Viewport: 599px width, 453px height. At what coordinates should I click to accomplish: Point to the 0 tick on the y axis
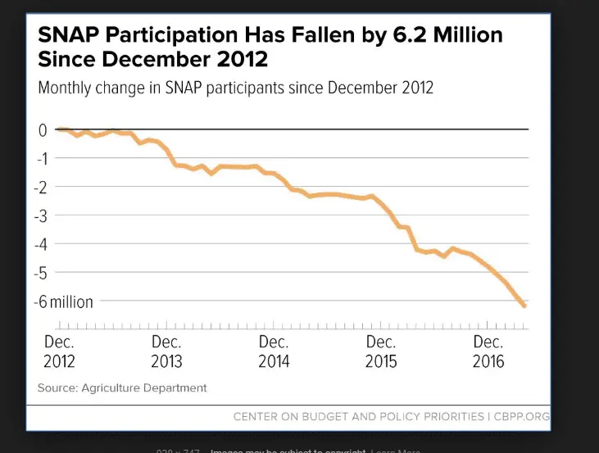(42, 129)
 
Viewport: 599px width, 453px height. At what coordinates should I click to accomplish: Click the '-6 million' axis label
(64, 301)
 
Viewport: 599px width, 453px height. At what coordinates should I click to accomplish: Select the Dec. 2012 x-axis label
(58, 351)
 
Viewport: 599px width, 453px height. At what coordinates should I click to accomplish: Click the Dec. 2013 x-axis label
(166, 351)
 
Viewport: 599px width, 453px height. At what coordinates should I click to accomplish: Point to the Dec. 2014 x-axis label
(274, 351)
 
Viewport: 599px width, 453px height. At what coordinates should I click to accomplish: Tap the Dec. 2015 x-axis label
(381, 351)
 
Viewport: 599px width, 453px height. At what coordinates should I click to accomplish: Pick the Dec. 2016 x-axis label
(488, 351)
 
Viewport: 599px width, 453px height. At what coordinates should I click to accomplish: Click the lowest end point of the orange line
(524, 306)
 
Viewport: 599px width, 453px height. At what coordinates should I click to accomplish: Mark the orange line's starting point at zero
(59, 129)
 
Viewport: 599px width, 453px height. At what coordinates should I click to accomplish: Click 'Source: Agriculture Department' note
(122, 387)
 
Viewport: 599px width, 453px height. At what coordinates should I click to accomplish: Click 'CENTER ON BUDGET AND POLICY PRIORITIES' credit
(359, 417)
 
